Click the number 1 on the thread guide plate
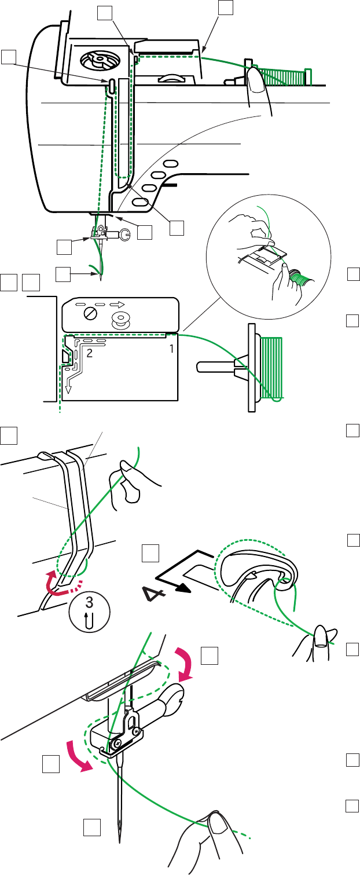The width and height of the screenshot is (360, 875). (171, 349)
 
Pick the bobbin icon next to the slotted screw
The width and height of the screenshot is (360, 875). (122, 318)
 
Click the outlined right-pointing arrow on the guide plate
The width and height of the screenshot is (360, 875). (117, 303)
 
